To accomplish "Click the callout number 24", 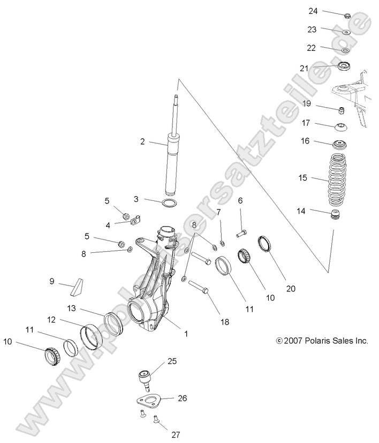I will point(313,11).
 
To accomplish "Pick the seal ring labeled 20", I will point(266,244).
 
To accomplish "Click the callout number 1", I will point(186,334).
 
